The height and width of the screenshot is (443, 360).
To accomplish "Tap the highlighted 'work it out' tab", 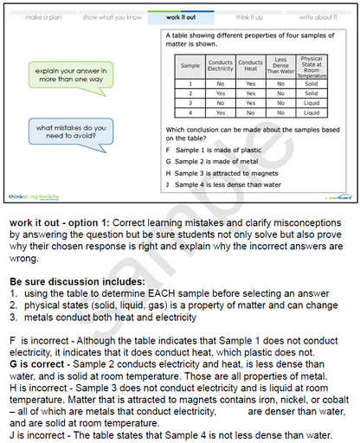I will pyautogui.click(x=179, y=16).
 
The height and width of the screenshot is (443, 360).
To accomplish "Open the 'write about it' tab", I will pyautogui.click(x=318, y=16).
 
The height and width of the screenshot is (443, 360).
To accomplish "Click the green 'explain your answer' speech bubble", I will pyautogui.click(x=72, y=75).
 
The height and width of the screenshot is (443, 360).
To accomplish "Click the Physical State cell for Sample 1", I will pyautogui.click(x=312, y=83).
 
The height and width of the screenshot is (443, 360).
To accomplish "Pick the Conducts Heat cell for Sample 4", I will pyautogui.click(x=250, y=112).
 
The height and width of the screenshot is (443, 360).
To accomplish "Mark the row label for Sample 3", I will pyautogui.click(x=190, y=103).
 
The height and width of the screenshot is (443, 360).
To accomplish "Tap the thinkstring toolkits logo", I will pyautogui.click(x=35, y=197).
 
